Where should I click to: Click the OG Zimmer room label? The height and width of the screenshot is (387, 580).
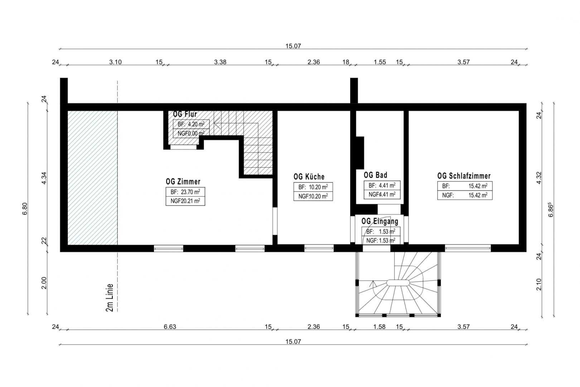click(183, 181)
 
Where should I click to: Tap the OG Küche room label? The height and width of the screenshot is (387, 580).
click(309, 177)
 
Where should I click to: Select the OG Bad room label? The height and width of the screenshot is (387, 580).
click(376, 175)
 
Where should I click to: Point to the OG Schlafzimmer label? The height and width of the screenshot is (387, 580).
click(464, 176)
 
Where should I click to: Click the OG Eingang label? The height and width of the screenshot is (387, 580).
click(380, 221)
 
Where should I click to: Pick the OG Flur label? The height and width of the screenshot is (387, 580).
click(185, 114)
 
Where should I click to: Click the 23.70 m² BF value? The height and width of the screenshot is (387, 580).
click(190, 192)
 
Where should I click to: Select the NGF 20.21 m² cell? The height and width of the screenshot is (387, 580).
click(185, 201)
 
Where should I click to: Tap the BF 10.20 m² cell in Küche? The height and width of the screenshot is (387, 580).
click(313, 187)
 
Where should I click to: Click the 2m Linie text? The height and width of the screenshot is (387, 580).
click(110, 297)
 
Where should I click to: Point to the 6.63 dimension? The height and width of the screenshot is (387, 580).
click(170, 326)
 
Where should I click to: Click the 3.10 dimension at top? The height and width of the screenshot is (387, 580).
click(115, 62)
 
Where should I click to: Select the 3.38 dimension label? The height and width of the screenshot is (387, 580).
click(220, 62)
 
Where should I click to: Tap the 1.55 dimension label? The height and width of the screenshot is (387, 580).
click(380, 62)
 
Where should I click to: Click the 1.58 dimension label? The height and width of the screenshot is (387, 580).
click(380, 326)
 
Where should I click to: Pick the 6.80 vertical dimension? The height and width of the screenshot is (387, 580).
click(25, 209)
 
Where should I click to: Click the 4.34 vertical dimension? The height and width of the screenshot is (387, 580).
click(44, 178)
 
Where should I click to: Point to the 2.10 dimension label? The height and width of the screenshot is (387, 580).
click(539, 285)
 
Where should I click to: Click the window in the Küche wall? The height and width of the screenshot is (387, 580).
click(319, 248)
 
